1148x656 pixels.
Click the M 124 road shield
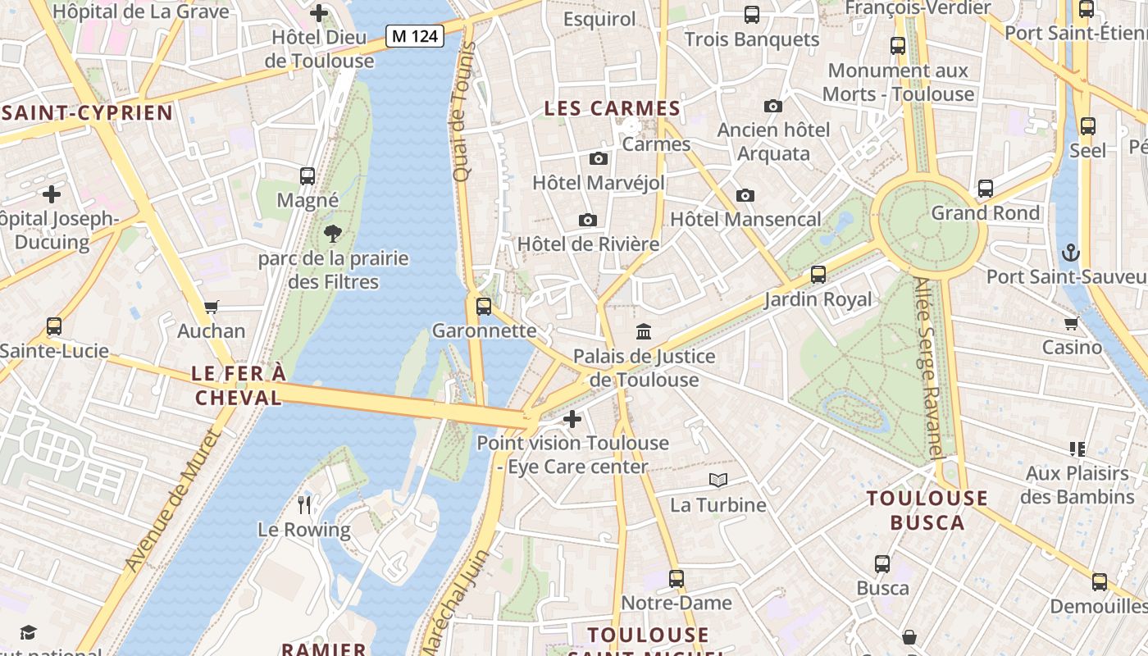[x=415, y=36]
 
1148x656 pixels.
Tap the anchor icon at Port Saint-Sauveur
[x=1070, y=253]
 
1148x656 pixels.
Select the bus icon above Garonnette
[x=484, y=307]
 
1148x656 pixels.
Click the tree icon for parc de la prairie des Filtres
[x=332, y=234]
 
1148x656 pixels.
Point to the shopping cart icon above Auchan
[x=212, y=307]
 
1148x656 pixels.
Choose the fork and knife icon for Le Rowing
[x=304, y=503]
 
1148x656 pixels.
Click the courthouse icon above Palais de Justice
[x=644, y=332]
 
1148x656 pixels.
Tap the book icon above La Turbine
[x=717, y=481]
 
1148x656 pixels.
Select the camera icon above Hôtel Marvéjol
[x=599, y=158]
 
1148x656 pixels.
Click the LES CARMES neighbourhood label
[x=613, y=108]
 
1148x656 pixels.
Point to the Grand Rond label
[x=985, y=213]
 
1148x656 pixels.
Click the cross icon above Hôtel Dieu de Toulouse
[x=319, y=13]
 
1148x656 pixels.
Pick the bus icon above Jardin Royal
[x=818, y=275]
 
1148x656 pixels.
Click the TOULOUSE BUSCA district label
[x=927, y=510]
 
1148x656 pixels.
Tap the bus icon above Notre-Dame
[x=676, y=579]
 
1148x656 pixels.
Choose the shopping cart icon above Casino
[x=1071, y=323]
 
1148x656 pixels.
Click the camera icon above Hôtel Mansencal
[x=745, y=195]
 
